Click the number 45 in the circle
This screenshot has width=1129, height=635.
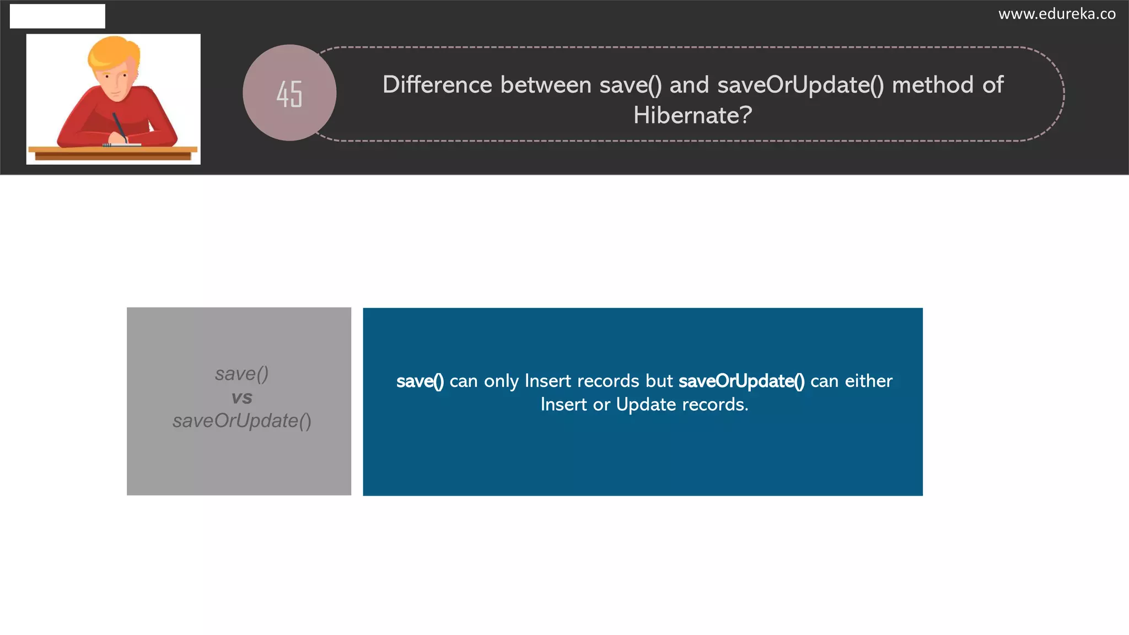pyautogui.click(x=289, y=94)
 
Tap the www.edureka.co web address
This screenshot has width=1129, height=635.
pyautogui.click(x=1057, y=14)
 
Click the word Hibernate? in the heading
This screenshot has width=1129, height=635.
pyautogui.click(x=692, y=115)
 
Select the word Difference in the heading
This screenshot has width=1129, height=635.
pyautogui.click(x=437, y=85)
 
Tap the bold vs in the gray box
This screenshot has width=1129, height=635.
pyautogui.click(x=242, y=397)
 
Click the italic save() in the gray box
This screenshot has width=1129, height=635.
pyautogui.click(x=242, y=374)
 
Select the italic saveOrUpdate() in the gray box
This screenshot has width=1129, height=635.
pyautogui.click(x=242, y=421)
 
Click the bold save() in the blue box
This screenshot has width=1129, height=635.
pyautogui.click(x=420, y=381)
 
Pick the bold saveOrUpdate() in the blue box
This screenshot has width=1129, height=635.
pyautogui.click(x=741, y=381)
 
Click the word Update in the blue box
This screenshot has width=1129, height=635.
pyautogui.click(x=646, y=405)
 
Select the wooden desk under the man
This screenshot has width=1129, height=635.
pyautogui.click(x=113, y=153)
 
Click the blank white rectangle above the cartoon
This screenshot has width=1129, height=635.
pyautogui.click(x=57, y=16)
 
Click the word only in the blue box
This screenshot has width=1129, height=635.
pyautogui.click(x=501, y=381)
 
